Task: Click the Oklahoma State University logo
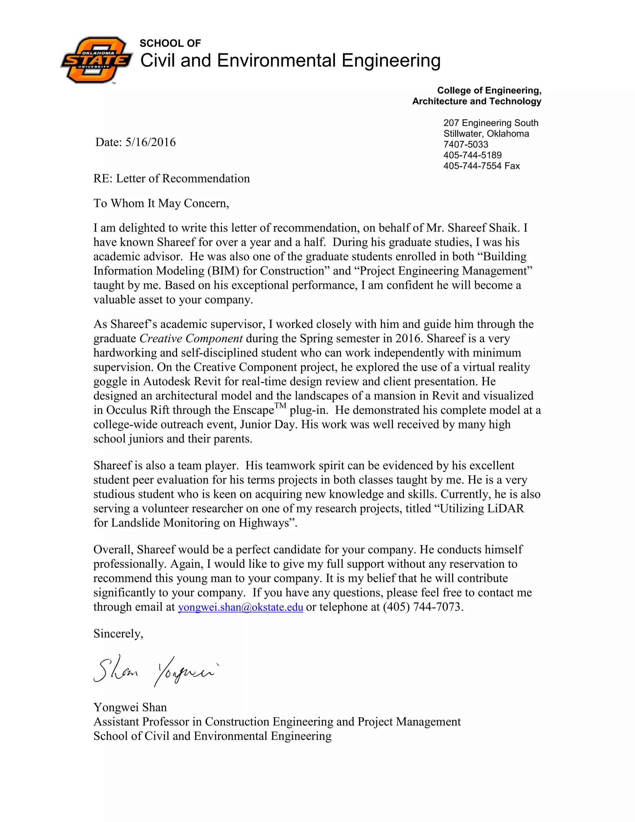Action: [x=97, y=60]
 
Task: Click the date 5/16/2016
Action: [x=150, y=142]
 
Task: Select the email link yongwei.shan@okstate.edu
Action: [x=240, y=607]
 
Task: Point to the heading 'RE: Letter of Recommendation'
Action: [x=171, y=178]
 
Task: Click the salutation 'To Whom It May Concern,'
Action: [x=161, y=203]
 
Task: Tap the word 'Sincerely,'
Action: [x=118, y=634]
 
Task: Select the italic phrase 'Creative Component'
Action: [x=191, y=338]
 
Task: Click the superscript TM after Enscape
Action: [x=280, y=406]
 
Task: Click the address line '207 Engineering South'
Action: [x=491, y=123]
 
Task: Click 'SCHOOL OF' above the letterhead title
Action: [x=170, y=43]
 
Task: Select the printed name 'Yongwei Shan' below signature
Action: [x=130, y=707]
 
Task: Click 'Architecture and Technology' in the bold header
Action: [x=476, y=101]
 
